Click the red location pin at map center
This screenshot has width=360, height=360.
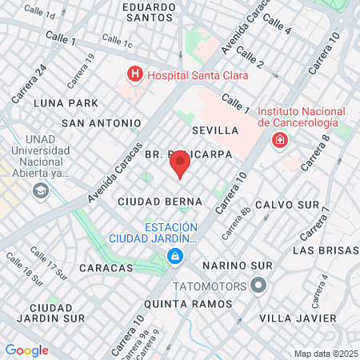(180, 165)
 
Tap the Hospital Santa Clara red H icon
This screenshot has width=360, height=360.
(134, 75)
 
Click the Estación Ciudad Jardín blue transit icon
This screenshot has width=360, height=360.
(174, 256)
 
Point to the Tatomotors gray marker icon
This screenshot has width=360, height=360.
(258, 285)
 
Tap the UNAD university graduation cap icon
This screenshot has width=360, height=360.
(40, 191)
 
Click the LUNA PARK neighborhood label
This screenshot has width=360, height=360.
(66, 103)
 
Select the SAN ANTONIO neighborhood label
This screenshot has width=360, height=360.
(95, 123)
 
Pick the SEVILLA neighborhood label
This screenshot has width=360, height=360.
(215, 130)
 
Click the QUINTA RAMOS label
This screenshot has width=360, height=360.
(188, 304)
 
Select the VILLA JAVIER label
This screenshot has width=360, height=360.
(294, 318)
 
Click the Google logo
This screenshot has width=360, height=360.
(26, 350)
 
